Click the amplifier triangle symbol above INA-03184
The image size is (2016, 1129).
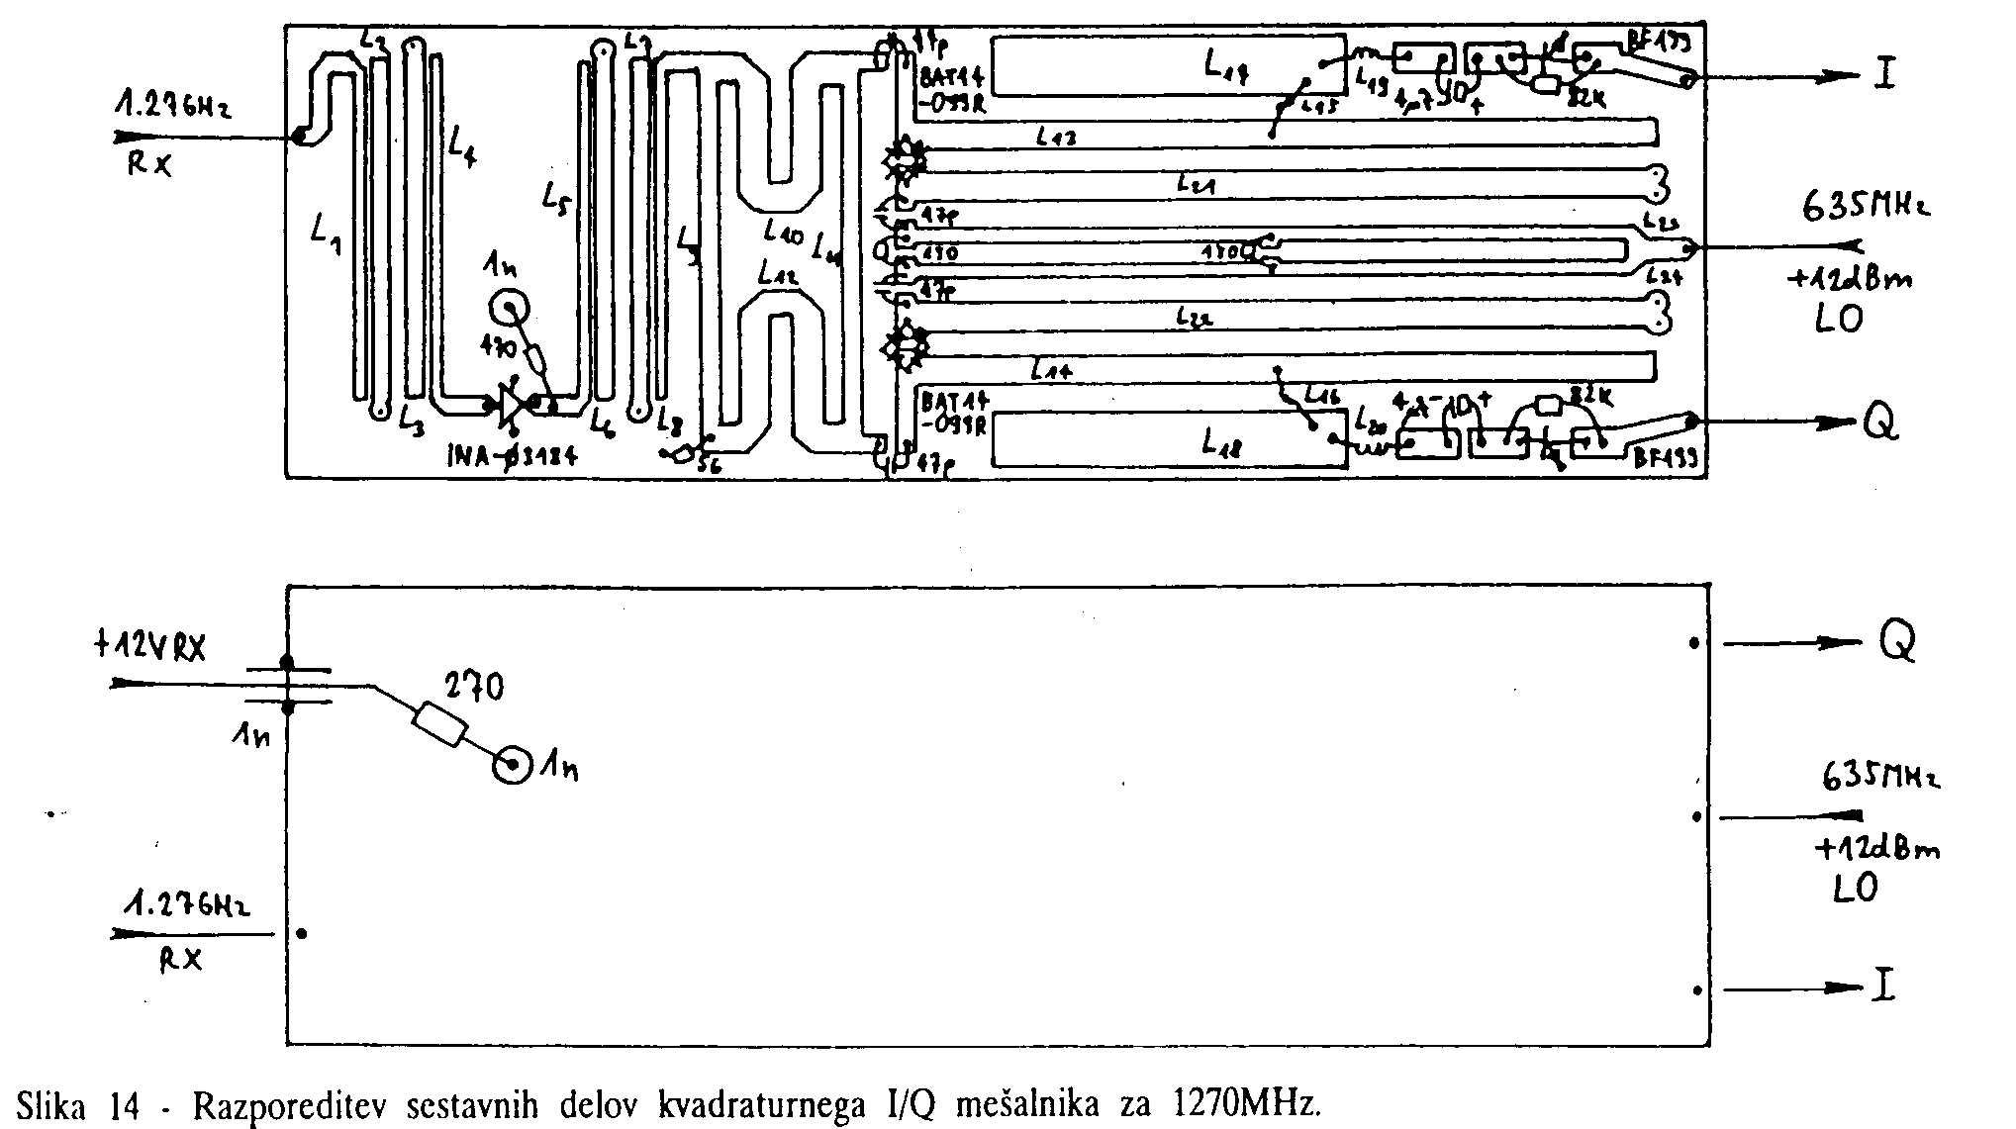[511, 404]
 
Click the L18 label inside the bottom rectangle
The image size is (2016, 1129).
[1223, 442]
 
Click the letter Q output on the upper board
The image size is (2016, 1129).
[1881, 423]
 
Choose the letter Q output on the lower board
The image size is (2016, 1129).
[1896, 643]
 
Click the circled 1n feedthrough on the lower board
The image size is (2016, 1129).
[514, 765]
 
